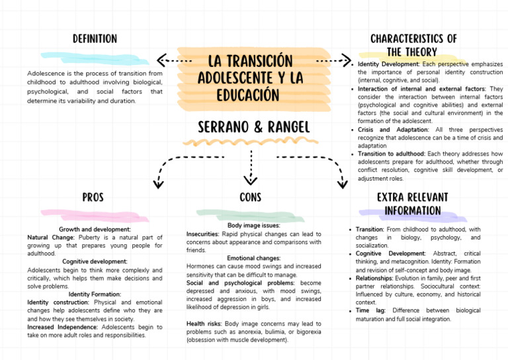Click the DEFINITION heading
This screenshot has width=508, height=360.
[95, 39]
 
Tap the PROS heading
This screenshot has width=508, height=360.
[93, 197]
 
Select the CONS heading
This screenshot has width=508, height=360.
[250, 197]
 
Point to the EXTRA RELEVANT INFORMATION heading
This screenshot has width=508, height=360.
[412, 204]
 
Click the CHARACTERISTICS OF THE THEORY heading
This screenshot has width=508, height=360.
[413, 45]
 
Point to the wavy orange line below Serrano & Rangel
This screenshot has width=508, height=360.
[254, 141]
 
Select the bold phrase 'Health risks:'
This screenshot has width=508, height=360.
[204, 324]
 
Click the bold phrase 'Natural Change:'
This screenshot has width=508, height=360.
[51, 237]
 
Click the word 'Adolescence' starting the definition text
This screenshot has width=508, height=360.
[46, 73]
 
